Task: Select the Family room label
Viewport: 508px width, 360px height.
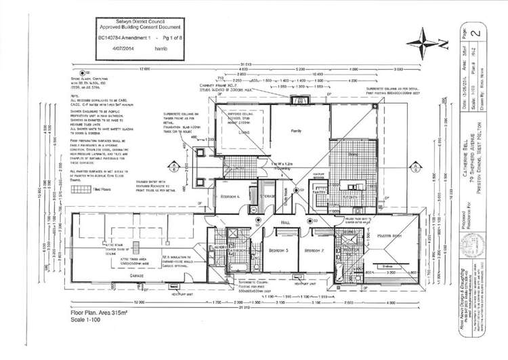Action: pos(296,130)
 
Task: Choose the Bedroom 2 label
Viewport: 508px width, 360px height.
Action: pos(316,250)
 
